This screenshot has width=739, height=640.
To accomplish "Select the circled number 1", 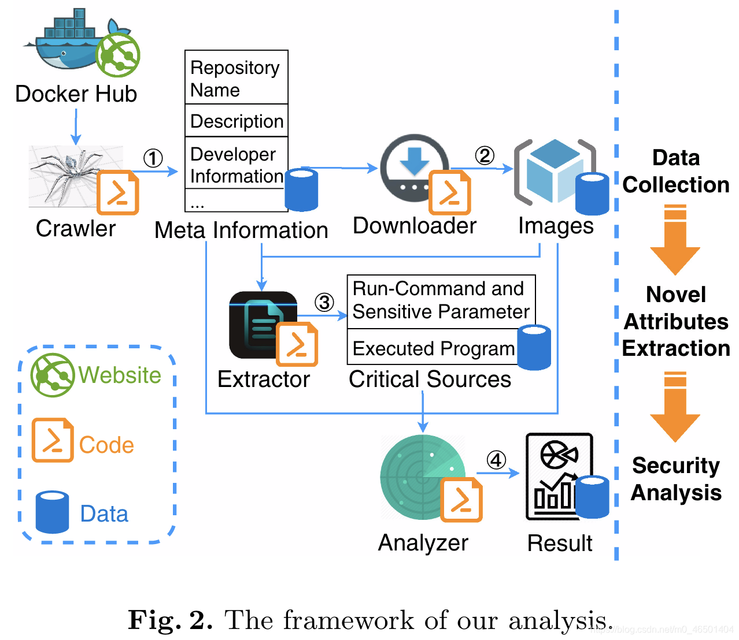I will click(x=153, y=158).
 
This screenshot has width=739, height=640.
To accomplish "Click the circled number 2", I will click(x=485, y=155).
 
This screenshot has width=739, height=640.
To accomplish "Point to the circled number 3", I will click(x=324, y=302).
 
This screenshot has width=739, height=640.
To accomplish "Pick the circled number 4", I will click(x=496, y=460).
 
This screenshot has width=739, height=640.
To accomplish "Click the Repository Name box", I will click(x=236, y=78).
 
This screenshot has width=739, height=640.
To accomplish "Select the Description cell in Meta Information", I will click(x=236, y=121).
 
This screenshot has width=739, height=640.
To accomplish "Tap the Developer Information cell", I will click(x=236, y=165).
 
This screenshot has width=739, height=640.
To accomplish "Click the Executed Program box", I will click(x=433, y=348).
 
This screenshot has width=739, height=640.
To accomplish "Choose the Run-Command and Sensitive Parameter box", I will click(x=441, y=300).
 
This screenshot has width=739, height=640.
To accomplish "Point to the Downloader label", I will click(x=415, y=226).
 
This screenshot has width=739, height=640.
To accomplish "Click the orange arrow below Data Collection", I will click(x=675, y=240).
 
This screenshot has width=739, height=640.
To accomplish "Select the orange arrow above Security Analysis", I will click(x=675, y=407).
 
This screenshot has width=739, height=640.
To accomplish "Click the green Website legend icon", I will click(x=52, y=375).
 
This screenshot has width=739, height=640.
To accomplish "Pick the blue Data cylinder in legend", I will click(x=52, y=512).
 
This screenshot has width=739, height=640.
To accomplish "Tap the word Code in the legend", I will click(x=106, y=445).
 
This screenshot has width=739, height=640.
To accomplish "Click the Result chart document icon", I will click(x=558, y=477).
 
